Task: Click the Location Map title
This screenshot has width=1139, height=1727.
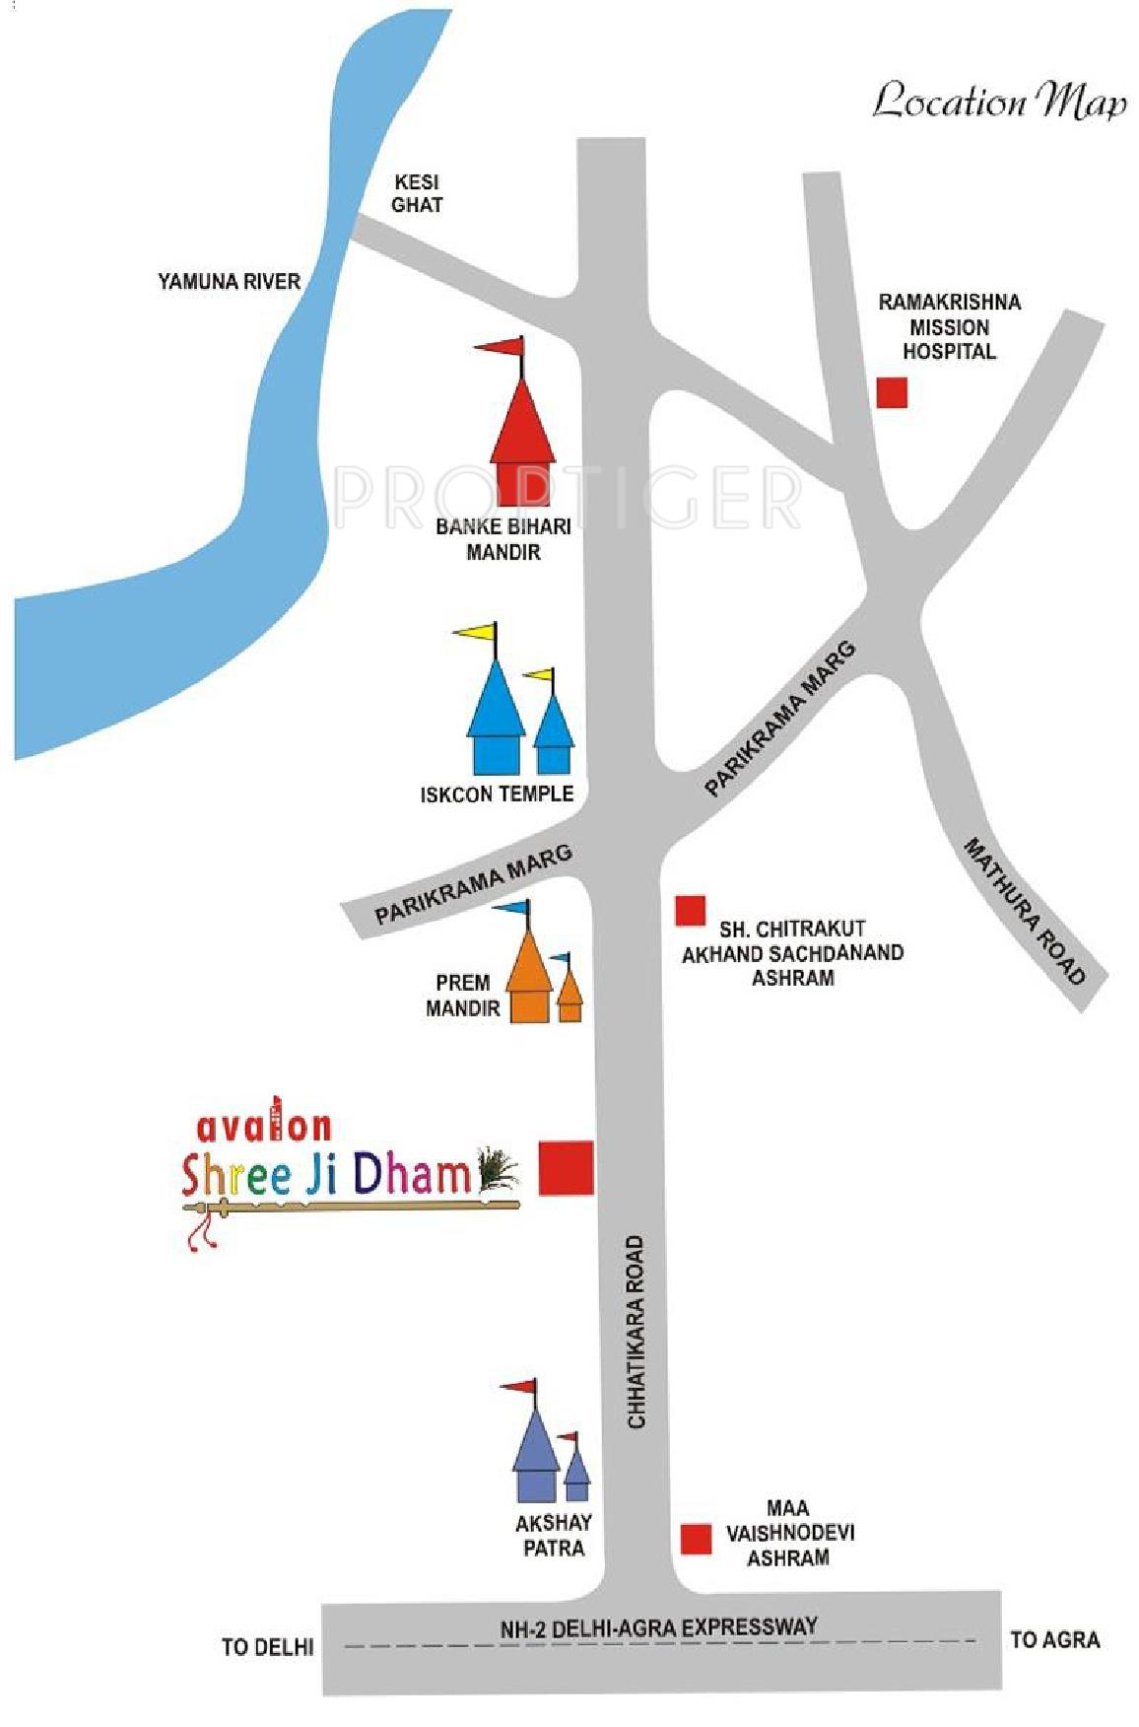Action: pos(999,102)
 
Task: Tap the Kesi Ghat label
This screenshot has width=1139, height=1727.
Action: pos(417,193)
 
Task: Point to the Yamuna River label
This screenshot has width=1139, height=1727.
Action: pos(229,282)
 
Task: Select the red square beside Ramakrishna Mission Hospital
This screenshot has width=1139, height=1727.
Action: pos(892,392)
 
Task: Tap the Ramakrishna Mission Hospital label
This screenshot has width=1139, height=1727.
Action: pos(949,326)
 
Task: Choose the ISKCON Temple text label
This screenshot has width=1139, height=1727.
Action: pos(497,794)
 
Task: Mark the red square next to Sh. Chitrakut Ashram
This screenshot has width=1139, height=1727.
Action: pos(690,910)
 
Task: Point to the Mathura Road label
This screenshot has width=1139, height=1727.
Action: pos(1025,911)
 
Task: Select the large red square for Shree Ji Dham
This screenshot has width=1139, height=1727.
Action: pos(566,1168)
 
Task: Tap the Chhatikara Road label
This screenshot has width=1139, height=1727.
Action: pos(636,1332)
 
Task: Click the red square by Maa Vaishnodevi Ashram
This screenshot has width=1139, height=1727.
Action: pos(697,1539)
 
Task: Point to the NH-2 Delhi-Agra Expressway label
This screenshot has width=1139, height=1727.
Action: pos(659,1628)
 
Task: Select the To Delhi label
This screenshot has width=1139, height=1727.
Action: pos(267,1646)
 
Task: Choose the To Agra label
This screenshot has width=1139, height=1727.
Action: pos(1054,1639)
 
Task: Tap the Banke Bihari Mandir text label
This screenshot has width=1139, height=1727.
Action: pos(503,539)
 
